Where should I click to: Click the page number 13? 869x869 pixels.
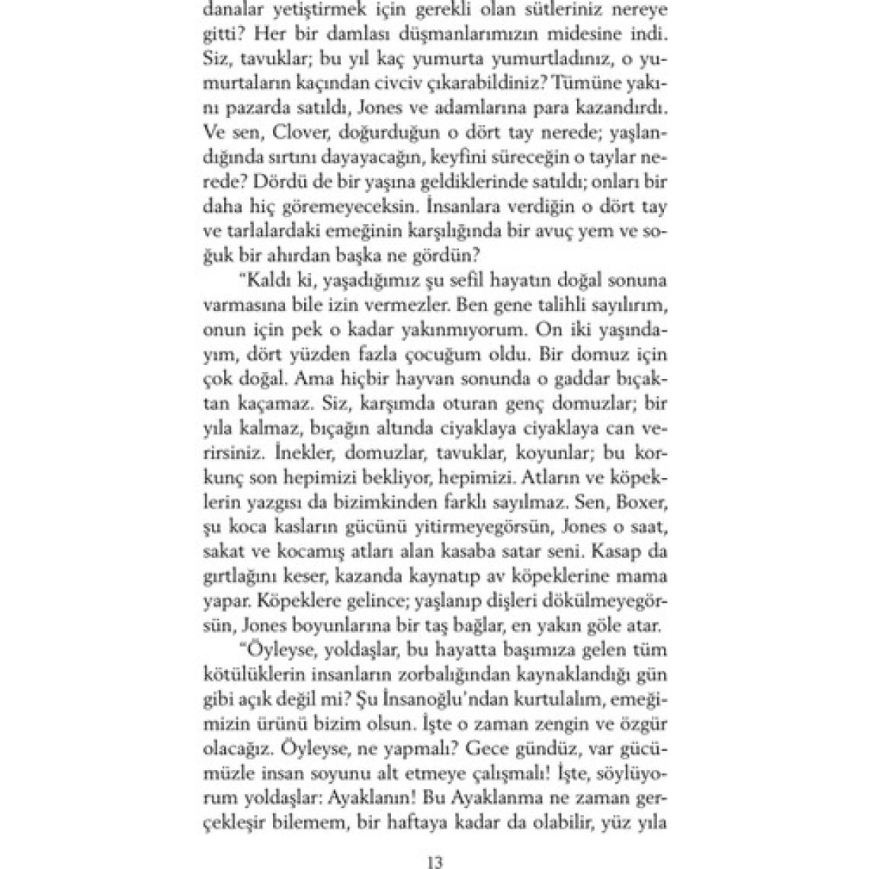(434, 863)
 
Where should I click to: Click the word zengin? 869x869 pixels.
(530, 741)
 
